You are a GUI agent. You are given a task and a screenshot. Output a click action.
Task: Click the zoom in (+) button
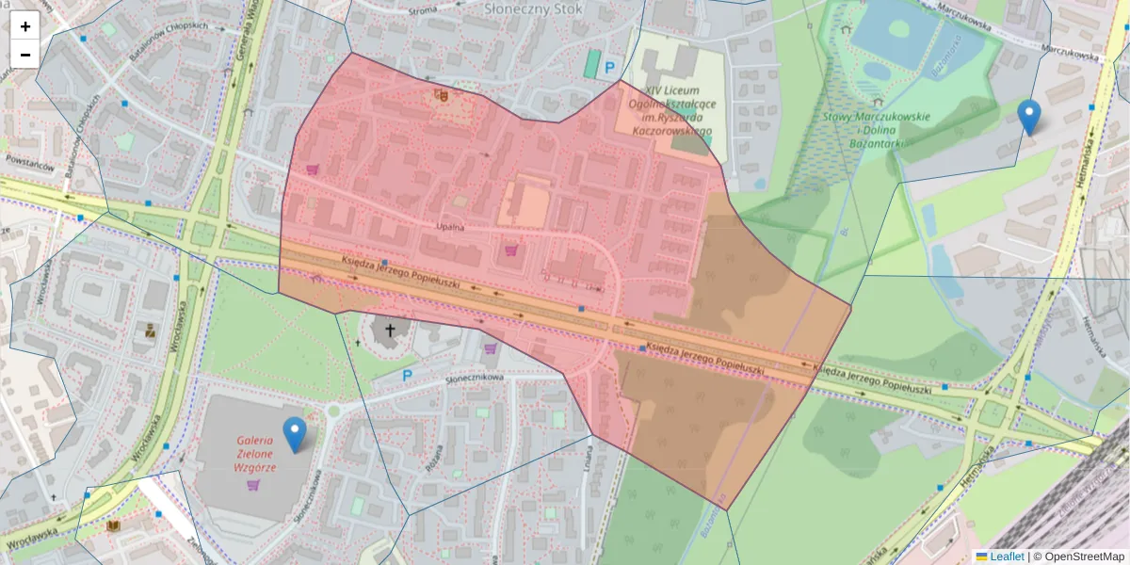click(25, 26)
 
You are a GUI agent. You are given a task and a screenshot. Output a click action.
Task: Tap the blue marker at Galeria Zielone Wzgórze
click(295, 434)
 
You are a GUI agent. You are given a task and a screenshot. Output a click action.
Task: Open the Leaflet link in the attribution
click(1006, 557)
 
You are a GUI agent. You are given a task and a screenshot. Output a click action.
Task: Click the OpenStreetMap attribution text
click(1078, 557)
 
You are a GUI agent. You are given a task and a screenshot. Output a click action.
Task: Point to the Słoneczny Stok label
click(534, 8)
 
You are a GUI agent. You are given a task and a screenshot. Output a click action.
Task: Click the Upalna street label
click(451, 227)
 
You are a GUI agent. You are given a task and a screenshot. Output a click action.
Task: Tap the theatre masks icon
click(441, 94)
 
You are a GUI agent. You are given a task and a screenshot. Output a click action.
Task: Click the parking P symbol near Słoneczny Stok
click(609, 67)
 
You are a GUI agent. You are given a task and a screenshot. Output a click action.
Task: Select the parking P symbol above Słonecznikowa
click(408, 375)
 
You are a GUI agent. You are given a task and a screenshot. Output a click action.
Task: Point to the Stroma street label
click(424, 10)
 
